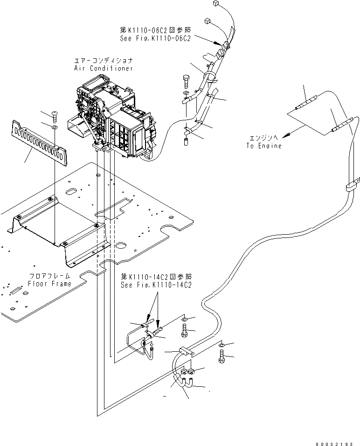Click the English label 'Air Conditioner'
click(103, 68)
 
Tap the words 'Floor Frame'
click(50, 284)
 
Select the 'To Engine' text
click(264, 146)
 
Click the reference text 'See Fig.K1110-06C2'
click(155, 39)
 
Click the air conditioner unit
click(117, 117)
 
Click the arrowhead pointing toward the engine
click(290, 135)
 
